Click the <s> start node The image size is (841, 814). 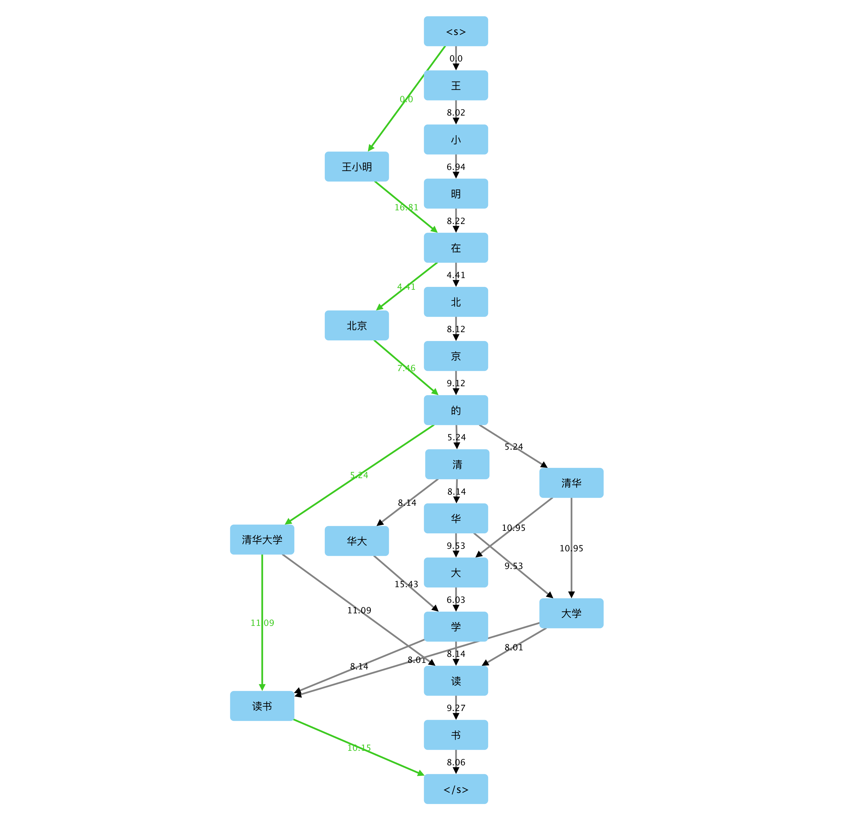tap(456, 31)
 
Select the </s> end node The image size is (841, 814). tap(456, 789)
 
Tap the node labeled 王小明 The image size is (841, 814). tap(357, 166)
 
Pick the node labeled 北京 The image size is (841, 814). tap(357, 325)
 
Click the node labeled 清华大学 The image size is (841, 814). tap(262, 539)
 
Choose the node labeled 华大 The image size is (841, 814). tap(357, 541)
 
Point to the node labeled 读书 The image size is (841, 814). tap(262, 706)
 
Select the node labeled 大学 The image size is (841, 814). tap(571, 613)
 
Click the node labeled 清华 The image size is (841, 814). tap(571, 483)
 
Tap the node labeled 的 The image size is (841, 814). tap(456, 410)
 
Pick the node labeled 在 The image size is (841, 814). tap(456, 248)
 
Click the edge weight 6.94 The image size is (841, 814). tap(456, 166)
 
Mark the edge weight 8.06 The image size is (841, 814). tap(456, 762)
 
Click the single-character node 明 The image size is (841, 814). tap(456, 194)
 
